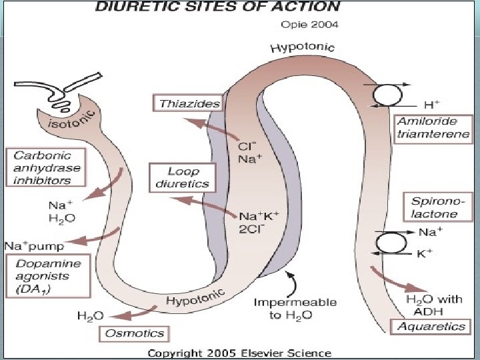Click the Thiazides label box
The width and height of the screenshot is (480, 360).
(x=187, y=103)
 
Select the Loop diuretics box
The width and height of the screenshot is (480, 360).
(x=183, y=178)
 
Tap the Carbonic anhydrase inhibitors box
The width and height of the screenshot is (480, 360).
(x=46, y=167)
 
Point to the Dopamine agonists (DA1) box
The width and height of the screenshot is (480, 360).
(x=49, y=276)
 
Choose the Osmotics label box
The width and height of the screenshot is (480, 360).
(x=134, y=333)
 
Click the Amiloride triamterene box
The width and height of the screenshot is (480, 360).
(x=433, y=129)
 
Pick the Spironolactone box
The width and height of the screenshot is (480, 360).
(x=438, y=207)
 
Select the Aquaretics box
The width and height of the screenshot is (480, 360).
(x=431, y=327)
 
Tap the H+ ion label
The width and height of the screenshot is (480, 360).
(x=431, y=105)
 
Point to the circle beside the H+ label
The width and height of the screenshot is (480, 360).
(x=387, y=95)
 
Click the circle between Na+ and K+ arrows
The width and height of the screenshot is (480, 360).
(x=391, y=243)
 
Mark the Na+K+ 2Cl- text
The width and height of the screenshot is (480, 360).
(x=259, y=223)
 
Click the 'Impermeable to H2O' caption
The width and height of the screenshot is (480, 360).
(x=295, y=309)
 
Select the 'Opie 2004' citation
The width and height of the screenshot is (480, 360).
(x=309, y=25)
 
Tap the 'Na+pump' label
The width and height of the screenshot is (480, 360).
(x=34, y=246)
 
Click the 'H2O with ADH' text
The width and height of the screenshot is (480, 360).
(x=434, y=305)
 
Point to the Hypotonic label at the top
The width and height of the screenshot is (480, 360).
(x=303, y=48)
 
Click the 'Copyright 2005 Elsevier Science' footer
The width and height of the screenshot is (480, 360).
(x=239, y=353)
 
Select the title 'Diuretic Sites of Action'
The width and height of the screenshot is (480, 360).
(x=217, y=6)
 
